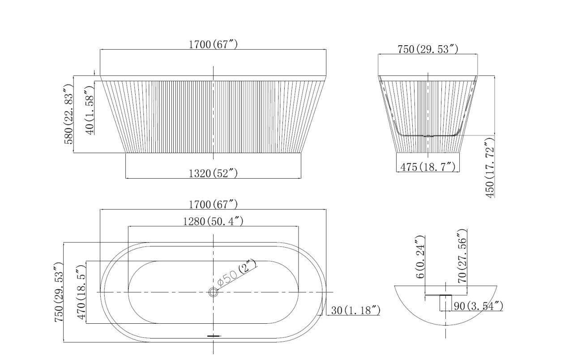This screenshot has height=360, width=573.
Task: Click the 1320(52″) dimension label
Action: pos(213,173)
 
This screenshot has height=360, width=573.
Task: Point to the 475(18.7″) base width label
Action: pos(428,167)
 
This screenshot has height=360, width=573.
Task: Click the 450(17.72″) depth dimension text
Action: pos(490,167)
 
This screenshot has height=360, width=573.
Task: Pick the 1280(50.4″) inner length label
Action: pos(213,221)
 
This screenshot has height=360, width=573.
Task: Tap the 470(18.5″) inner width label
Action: pos(81,292)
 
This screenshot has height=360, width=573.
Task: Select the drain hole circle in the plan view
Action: pos(213,292)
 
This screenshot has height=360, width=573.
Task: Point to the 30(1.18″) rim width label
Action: pos(355,310)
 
